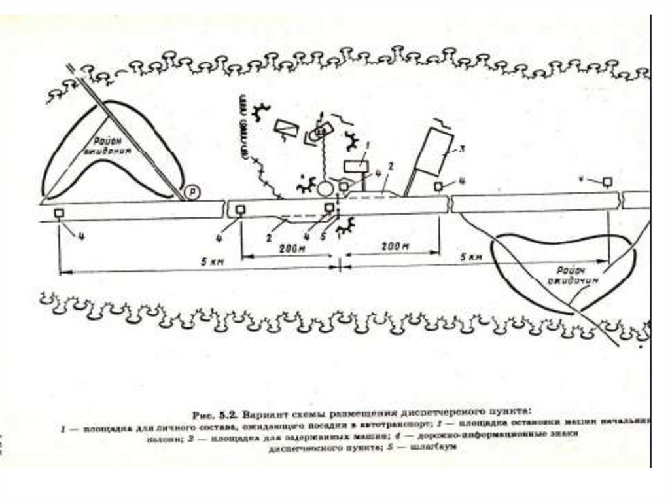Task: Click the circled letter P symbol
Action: tap(191, 191)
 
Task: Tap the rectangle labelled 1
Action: tap(355, 166)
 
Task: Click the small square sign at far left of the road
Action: tap(60, 213)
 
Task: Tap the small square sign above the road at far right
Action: tap(608, 180)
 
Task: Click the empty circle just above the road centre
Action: tap(325, 190)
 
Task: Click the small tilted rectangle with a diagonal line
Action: tap(285, 128)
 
